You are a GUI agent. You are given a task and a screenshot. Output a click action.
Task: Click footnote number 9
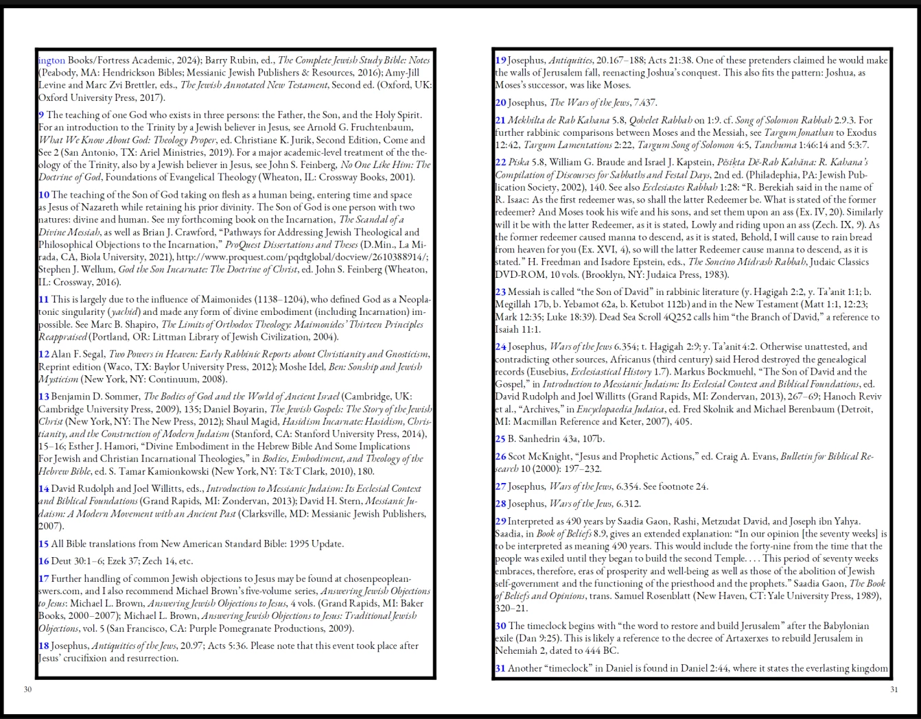[41, 115]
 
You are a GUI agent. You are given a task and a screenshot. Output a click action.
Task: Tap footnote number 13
[43, 397]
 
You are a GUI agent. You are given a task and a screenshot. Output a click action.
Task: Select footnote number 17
[43, 578]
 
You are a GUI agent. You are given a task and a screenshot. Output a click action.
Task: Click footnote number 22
[500, 163]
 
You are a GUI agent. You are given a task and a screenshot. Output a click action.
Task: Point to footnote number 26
[500, 456]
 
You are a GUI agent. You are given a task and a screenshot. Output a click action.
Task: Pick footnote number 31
[500, 668]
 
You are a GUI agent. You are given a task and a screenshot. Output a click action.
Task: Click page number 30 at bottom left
[27, 689]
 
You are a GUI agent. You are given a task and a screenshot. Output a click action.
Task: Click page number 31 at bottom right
[894, 689]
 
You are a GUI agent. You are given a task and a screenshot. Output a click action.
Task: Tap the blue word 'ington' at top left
[51, 60]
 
